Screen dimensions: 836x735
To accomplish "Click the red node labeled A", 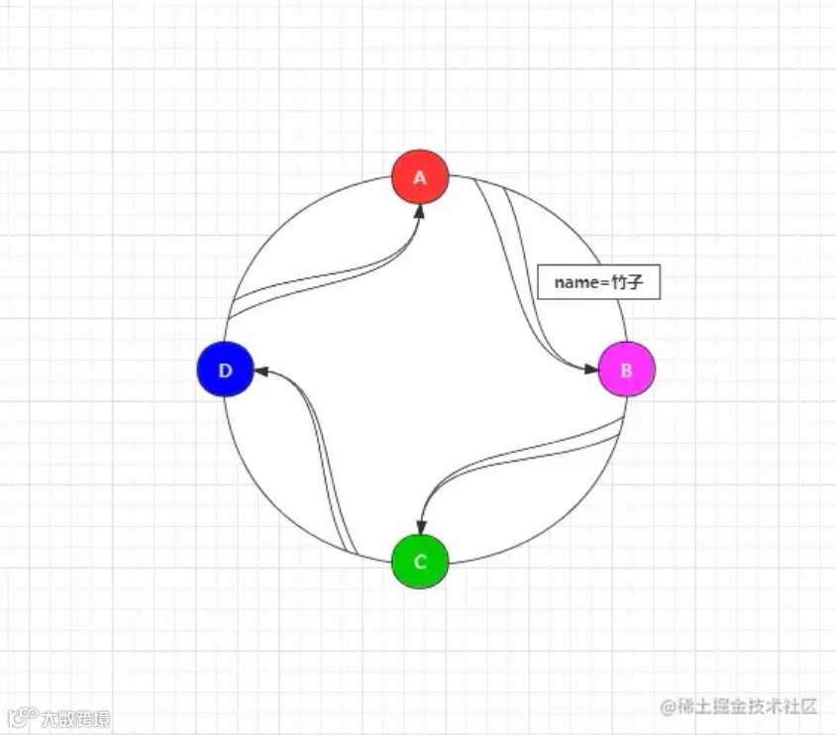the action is coord(420,177).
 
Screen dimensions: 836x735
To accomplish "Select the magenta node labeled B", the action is coord(627,369).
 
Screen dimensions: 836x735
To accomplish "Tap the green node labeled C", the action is coord(420,562).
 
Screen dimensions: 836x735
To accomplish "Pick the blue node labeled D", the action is coord(226,369).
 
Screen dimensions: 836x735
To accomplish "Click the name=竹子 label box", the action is coord(598,283).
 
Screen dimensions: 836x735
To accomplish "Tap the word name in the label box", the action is coord(573,283).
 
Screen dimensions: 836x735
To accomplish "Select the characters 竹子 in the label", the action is coord(628,283).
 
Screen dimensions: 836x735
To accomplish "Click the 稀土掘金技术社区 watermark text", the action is coord(748,705).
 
